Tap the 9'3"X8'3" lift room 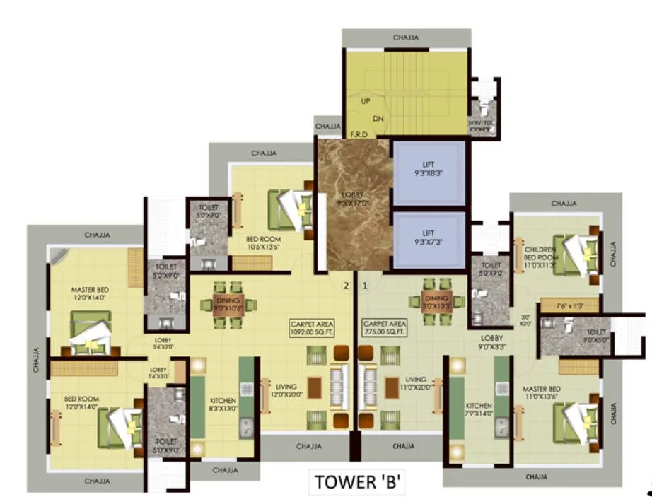click(429, 172)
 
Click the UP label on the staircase click(366, 102)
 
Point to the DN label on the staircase click(379, 119)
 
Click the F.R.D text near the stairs click(358, 134)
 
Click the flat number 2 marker click(346, 286)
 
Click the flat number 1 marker click(365, 286)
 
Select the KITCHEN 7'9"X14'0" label click(478, 409)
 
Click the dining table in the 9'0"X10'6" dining click(228, 304)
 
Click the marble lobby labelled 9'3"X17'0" click(352, 205)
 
